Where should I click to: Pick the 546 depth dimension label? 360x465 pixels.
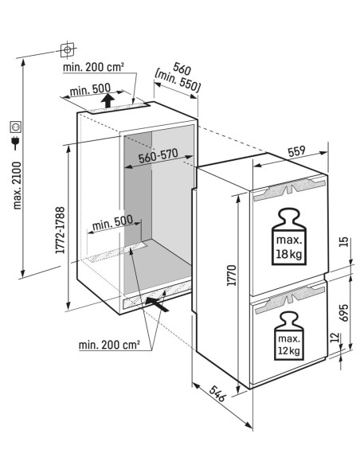212,395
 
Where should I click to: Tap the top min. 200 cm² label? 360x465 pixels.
100,67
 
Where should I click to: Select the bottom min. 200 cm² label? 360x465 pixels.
110,345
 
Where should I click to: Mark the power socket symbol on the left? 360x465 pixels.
14,126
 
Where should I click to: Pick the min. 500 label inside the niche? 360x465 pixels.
111,226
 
